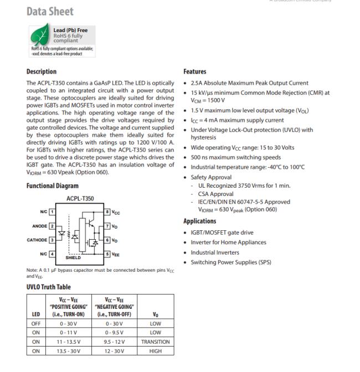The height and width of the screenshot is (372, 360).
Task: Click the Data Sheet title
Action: click(x=50, y=11)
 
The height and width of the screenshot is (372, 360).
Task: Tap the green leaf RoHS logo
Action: click(x=38, y=36)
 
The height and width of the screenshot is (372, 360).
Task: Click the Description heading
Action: click(x=42, y=71)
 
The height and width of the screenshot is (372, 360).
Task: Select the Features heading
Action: click(x=195, y=71)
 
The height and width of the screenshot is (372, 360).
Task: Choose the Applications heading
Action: click(x=200, y=221)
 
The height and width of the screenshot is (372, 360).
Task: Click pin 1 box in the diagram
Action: click(x=53, y=212)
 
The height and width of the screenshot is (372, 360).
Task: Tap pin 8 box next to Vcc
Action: click(x=107, y=212)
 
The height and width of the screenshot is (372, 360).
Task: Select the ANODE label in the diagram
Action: click(x=39, y=225)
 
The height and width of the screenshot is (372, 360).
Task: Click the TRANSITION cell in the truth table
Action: click(x=156, y=342)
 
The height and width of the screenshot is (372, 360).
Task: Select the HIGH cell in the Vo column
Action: click(x=156, y=351)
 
